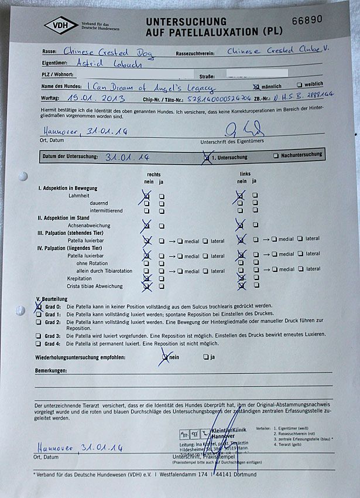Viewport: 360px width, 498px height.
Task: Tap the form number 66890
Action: pos(307,19)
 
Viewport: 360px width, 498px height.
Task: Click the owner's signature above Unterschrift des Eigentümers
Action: pos(238,129)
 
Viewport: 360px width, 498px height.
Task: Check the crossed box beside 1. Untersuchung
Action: pos(206,156)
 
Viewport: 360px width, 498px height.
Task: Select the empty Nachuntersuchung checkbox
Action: pos(276,156)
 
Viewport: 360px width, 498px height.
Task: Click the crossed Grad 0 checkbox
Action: pos(39,306)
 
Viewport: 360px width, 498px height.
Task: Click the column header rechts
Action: pos(154,175)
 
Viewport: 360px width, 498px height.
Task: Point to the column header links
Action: pos(245,175)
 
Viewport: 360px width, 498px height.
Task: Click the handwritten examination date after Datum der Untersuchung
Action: pos(128,157)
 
